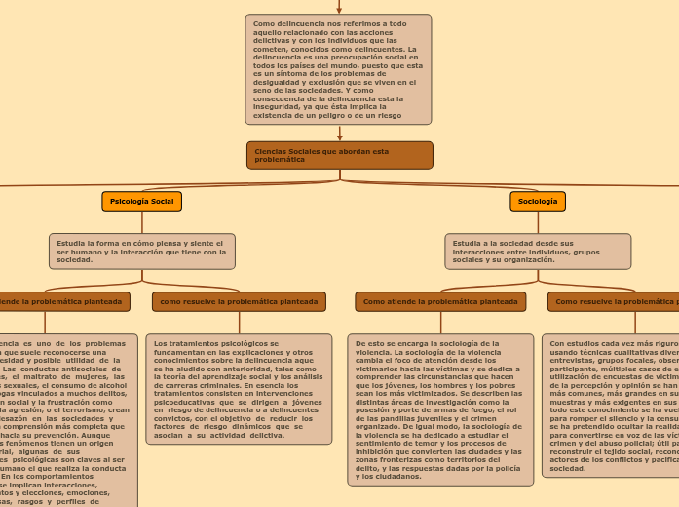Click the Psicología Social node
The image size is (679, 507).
pyautogui.click(x=141, y=201)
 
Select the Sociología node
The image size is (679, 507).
pyautogui.click(x=538, y=201)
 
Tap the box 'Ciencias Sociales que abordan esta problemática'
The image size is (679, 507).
pyautogui.click(x=339, y=155)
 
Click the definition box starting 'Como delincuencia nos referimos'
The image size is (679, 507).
pyautogui.click(x=338, y=69)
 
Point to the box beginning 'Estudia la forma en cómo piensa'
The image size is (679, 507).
pyautogui.click(x=142, y=251)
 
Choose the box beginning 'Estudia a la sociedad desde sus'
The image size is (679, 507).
pyautogui.click(x=538, y=251)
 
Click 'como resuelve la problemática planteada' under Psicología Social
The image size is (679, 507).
pyautogui.click(x=239, y=302)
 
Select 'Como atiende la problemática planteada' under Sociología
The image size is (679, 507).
pyautogui.click(x=440, y=302)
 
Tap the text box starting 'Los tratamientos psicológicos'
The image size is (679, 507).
pyautogui.click(x=239, y=389)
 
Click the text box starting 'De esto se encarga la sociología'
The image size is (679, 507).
pyautogui.click(x=439, y=409)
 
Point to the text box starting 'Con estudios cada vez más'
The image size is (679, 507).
pyautogui.click(x=611, y=406)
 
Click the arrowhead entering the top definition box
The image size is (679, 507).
pyautogui.click(x=339, y=9)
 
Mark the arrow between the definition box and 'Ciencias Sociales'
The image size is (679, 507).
pyautogui.click(x=339, y=134)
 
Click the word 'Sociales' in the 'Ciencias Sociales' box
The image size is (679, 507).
pyautogui.click(x=308, y=151)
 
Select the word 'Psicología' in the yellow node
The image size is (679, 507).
pyautogui.click(x=130, y=201)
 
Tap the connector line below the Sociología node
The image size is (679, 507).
pyautogui.click(x=538, y=221)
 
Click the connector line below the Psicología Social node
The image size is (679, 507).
pyautogui.click(x=142, y=221)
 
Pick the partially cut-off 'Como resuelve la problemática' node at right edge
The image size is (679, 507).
pyautogui.click(x=614, y=302)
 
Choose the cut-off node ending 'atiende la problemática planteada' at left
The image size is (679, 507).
pyautogui.click(x=64, y=302)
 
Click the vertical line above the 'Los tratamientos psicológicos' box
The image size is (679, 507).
pyautogui.click(x=239, y=323)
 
